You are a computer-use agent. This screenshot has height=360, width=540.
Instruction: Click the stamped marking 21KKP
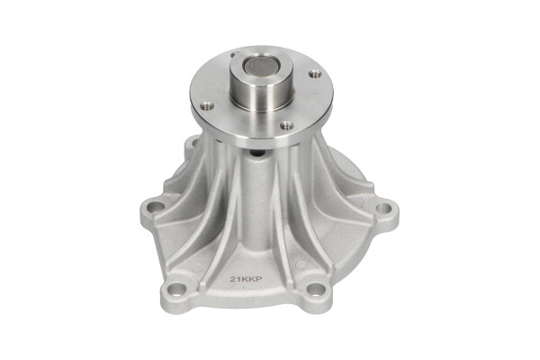(x=247, y=279)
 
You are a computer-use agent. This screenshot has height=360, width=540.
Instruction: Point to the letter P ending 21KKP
(x=259, y=279)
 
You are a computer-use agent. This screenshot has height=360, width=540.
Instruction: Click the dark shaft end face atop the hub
(x=260, y=65)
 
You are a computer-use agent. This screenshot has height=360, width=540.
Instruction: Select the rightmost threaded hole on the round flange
(x=315, y=74)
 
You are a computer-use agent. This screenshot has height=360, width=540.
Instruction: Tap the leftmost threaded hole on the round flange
(x=207, y=106)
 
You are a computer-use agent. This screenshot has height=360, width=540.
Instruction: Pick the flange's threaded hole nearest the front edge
(x=287, y=125)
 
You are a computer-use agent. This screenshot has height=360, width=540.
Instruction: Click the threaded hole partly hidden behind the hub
(x=235, y=54)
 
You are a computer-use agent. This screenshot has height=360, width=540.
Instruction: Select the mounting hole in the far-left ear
(x=157, y=207)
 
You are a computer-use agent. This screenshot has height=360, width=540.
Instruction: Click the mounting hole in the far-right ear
(x=383, y=208)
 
